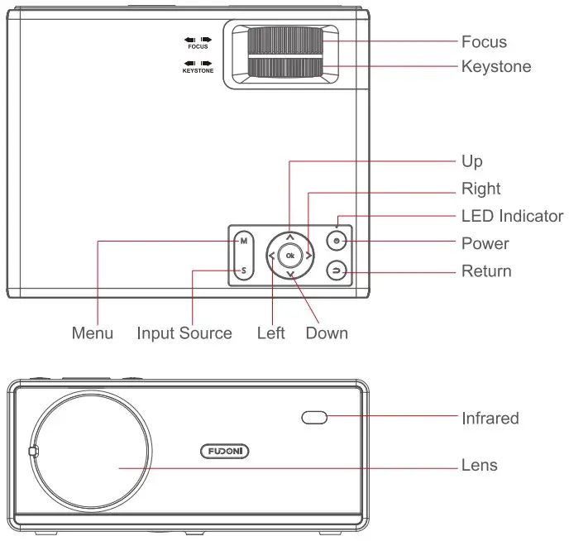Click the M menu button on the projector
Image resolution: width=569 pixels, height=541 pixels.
click(x=243, y=242)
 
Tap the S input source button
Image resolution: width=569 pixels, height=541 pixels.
click(x=243, y=270)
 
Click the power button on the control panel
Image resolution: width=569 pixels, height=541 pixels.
click(x=337, y=242)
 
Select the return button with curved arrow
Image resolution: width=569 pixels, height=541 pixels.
click(x=337, y=270)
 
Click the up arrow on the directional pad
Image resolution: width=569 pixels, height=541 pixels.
click(x=289, y=237)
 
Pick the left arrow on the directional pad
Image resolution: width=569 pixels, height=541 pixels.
click(x=271, y=256)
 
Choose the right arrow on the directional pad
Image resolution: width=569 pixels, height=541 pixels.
click(x=308, y=256)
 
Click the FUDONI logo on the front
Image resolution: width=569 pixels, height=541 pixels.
click(x=225, y=451)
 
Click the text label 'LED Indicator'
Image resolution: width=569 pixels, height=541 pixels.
click(x=512, y=216)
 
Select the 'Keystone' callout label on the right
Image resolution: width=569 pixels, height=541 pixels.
click(x=496, y=66)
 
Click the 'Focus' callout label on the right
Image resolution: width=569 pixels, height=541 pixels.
click(x=484, y=41)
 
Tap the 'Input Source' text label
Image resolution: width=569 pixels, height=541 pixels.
click(x=184, y=333)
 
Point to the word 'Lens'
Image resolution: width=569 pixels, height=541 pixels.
click(x=480, y=466)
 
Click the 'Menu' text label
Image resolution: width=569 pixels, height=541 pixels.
click(x=93, y=333)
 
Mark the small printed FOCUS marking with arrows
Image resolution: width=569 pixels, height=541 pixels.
click(x=198, y=43)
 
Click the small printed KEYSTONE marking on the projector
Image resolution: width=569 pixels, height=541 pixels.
click(x=198, y=67)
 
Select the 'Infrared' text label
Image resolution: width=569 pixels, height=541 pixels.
click(x=490, y=419)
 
